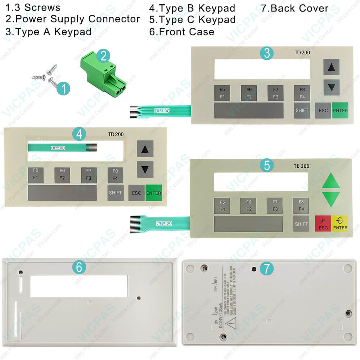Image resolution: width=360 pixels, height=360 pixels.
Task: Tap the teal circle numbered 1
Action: [63, 88]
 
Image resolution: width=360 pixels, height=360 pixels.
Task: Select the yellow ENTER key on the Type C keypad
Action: [340, 224]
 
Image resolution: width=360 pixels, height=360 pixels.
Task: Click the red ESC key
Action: [323, 224]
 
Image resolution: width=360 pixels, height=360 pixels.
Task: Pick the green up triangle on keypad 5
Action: [331, 181]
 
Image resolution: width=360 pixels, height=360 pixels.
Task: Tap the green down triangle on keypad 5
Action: [331, 199]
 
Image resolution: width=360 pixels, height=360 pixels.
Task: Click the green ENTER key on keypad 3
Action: [340, 111]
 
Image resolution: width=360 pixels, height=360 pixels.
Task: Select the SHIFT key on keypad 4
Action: [115, 193]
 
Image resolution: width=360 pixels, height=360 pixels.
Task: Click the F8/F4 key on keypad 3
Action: [302, 93]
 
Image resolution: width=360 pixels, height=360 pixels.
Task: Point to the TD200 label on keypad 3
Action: [302, 53]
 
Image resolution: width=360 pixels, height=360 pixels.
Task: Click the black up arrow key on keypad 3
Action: [331, 67]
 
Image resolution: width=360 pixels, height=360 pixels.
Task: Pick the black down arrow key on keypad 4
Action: [145, 169]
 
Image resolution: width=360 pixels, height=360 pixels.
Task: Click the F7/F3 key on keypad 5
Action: [275, 206]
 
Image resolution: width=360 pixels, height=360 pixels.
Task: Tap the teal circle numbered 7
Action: [266, 269]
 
